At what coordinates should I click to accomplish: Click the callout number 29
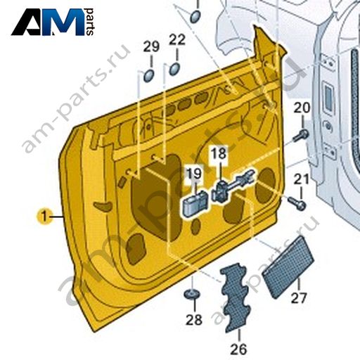[x=151, y=46]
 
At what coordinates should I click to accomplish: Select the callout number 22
[x=177, y=39]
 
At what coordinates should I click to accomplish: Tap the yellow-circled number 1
[x=44, y=216]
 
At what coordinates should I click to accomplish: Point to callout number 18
[x=219, y=154]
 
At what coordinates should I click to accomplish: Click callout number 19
[x=194, y=174]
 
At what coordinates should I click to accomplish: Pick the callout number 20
[x=302, y=108]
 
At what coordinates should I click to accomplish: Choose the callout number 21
[x=302, y=180]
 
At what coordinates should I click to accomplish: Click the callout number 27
[x=299, y=298]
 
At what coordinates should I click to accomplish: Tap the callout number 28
[x=194, y=320]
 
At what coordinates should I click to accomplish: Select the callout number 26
[x=239, y=349]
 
